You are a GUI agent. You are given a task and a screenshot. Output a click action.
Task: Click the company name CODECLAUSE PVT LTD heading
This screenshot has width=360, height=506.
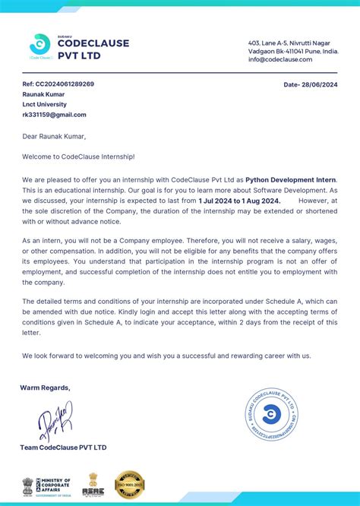93,49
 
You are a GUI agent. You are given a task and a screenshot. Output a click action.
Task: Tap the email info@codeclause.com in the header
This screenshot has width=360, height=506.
280,59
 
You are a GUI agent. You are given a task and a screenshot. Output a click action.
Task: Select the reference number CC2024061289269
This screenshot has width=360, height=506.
58,84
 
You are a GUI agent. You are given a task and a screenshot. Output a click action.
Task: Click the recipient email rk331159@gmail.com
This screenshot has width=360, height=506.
54,115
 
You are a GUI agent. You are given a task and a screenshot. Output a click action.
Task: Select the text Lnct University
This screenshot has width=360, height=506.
44,104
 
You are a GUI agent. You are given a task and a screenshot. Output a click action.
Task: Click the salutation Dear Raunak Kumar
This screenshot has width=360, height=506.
54,137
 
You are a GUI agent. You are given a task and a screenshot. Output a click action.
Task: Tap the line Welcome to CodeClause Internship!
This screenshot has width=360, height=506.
78,157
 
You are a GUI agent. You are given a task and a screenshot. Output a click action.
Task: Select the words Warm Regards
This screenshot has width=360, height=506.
45,387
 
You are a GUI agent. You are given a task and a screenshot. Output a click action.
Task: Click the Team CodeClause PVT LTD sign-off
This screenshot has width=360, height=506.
64,447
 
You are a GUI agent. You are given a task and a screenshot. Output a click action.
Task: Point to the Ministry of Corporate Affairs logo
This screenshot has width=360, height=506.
46,485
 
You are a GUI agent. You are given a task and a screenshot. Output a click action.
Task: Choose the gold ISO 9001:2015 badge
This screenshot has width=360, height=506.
129,484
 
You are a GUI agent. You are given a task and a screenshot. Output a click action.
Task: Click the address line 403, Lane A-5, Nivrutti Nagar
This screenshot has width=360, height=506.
292,43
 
